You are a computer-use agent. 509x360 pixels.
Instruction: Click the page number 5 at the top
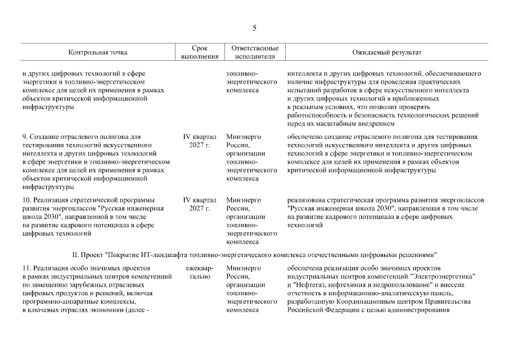click(254, 28)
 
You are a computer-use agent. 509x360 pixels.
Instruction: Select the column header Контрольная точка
click(98, 52)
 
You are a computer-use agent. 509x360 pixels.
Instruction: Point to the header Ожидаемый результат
click(386, 52)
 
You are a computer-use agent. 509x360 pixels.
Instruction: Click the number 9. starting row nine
click(25, 137)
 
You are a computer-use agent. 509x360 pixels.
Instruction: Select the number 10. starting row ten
click(28, 200)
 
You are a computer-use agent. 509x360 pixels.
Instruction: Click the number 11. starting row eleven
click(27, 268)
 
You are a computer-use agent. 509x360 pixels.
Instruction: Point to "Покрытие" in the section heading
click(127, 254)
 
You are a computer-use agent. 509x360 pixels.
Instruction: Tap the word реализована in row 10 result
click(307, 200)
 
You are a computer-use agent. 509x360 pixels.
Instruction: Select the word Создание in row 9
click(47, 137)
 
